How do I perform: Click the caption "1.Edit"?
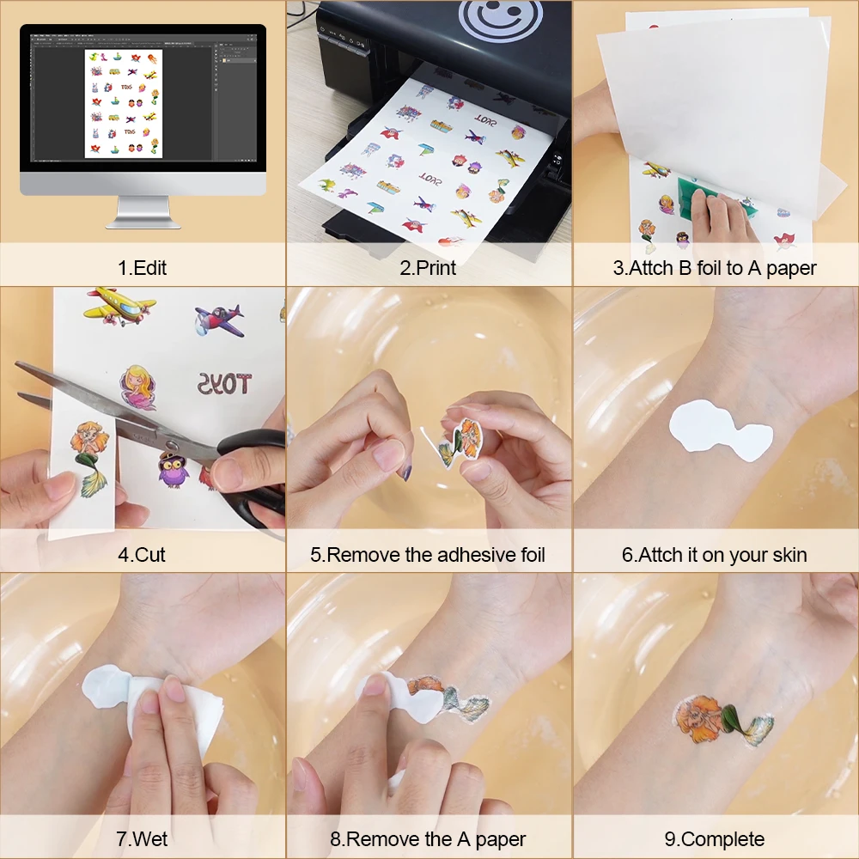point(143,267)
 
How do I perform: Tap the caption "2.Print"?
point(428,267)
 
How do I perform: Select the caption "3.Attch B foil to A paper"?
point(715,267)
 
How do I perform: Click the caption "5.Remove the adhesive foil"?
point(428,554)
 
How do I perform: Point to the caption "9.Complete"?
point(715,839)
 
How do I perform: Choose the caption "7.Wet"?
point(143,839)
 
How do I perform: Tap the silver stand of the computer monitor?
point(143,211)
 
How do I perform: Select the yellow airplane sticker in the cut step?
point(121,306)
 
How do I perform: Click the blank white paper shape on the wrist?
point(720,429)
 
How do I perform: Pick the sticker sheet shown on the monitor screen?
point(123,103)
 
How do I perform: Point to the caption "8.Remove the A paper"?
point(428,839)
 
